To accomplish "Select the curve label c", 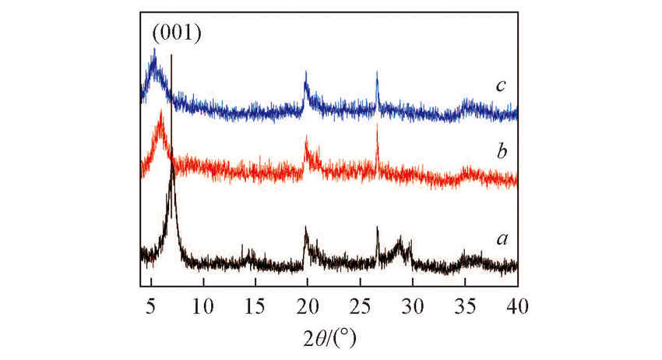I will click(x=502, y=84).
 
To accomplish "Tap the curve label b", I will click(x=502, y=150).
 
